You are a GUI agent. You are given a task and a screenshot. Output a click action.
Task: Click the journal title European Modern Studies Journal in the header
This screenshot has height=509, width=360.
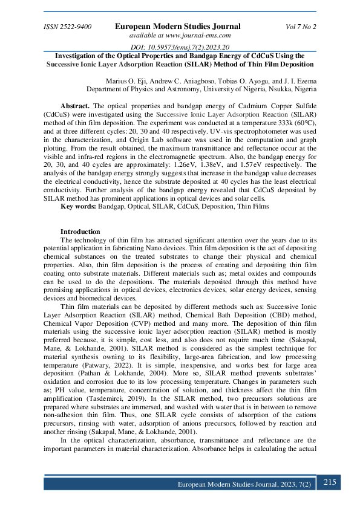[177, 27]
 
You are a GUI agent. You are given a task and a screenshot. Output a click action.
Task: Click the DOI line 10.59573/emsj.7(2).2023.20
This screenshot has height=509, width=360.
[180, 47]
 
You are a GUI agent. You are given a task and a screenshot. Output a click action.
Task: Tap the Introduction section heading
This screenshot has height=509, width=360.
[80, 232]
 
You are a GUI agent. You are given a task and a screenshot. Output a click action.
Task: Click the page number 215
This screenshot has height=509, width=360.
[330, 482]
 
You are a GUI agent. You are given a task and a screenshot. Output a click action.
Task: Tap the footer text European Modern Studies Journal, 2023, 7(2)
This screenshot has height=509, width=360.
[244, 485]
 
